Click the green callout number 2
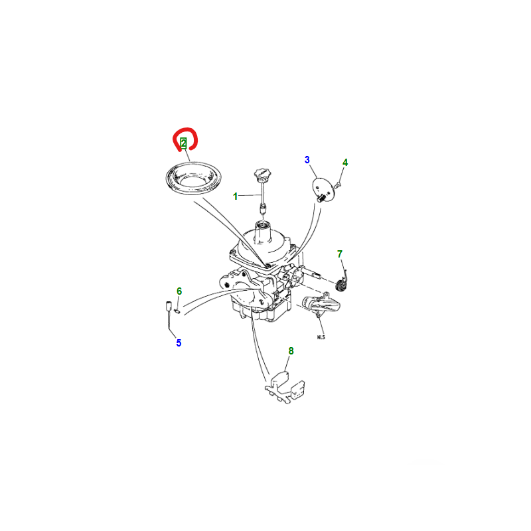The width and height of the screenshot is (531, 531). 184,143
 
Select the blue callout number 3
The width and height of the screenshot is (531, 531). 307,160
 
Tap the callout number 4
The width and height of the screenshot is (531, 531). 345,163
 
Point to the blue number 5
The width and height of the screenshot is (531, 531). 179,342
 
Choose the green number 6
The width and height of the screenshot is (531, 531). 179,291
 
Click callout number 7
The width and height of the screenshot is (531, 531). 340,254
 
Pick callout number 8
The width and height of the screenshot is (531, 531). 291,351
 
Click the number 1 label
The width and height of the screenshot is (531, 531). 236,196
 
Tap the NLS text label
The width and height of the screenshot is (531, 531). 321,337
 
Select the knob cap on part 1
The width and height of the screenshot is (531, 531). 262,174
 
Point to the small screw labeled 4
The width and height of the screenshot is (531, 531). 337,185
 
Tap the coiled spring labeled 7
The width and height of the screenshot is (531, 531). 341,285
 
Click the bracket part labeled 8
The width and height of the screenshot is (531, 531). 285,387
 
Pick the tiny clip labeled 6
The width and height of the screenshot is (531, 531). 177,311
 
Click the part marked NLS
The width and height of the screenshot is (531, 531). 321,304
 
